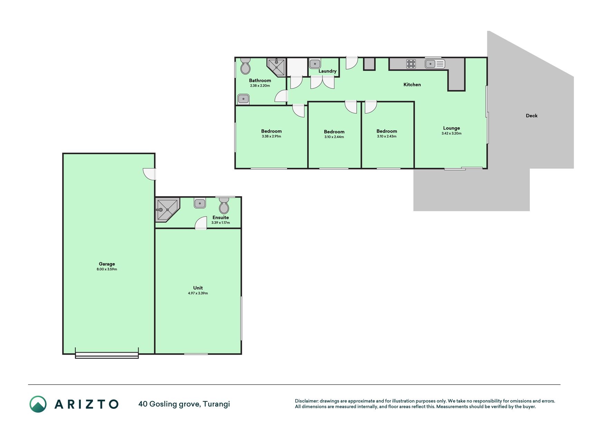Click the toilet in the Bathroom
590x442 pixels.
(245, 66)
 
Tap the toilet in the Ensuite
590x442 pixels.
(224, 206)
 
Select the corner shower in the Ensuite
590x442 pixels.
(167, 209)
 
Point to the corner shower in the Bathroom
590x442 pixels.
(276, 67)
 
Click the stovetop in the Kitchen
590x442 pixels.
(411, 64)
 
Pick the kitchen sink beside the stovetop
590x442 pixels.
(435, 64)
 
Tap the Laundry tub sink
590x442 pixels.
(315, 64)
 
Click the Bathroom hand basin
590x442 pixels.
(243, 99)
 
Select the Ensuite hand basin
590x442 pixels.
(200, 203)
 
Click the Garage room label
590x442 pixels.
(107, 264)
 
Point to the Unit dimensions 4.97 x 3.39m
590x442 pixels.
(198, 293)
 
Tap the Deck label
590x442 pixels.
(532, 116)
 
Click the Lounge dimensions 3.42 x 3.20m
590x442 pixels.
(451, 133)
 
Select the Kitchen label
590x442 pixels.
(412, 85)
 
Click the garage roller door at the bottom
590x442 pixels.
(107, 355)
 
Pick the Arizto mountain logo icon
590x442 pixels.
(38, 404)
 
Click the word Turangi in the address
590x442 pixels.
(216, 404)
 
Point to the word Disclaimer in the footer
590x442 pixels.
(307, 401)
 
